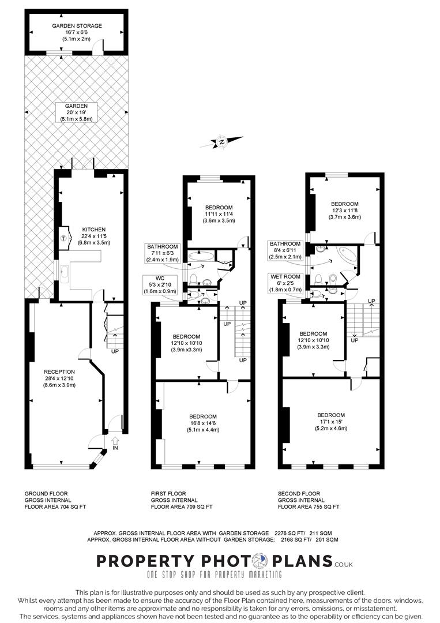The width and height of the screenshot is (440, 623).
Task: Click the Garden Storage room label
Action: point(77,32)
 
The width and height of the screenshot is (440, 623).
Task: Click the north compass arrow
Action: point(221,141)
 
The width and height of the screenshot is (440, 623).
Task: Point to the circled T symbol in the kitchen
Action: point(63,237)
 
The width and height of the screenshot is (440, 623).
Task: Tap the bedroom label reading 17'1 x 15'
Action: point(330,422)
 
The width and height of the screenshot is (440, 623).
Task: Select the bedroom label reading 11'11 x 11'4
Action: point(218,213)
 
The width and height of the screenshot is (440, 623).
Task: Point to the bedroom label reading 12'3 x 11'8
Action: point(344,211)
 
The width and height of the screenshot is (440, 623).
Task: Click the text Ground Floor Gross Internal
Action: point(46,497)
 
